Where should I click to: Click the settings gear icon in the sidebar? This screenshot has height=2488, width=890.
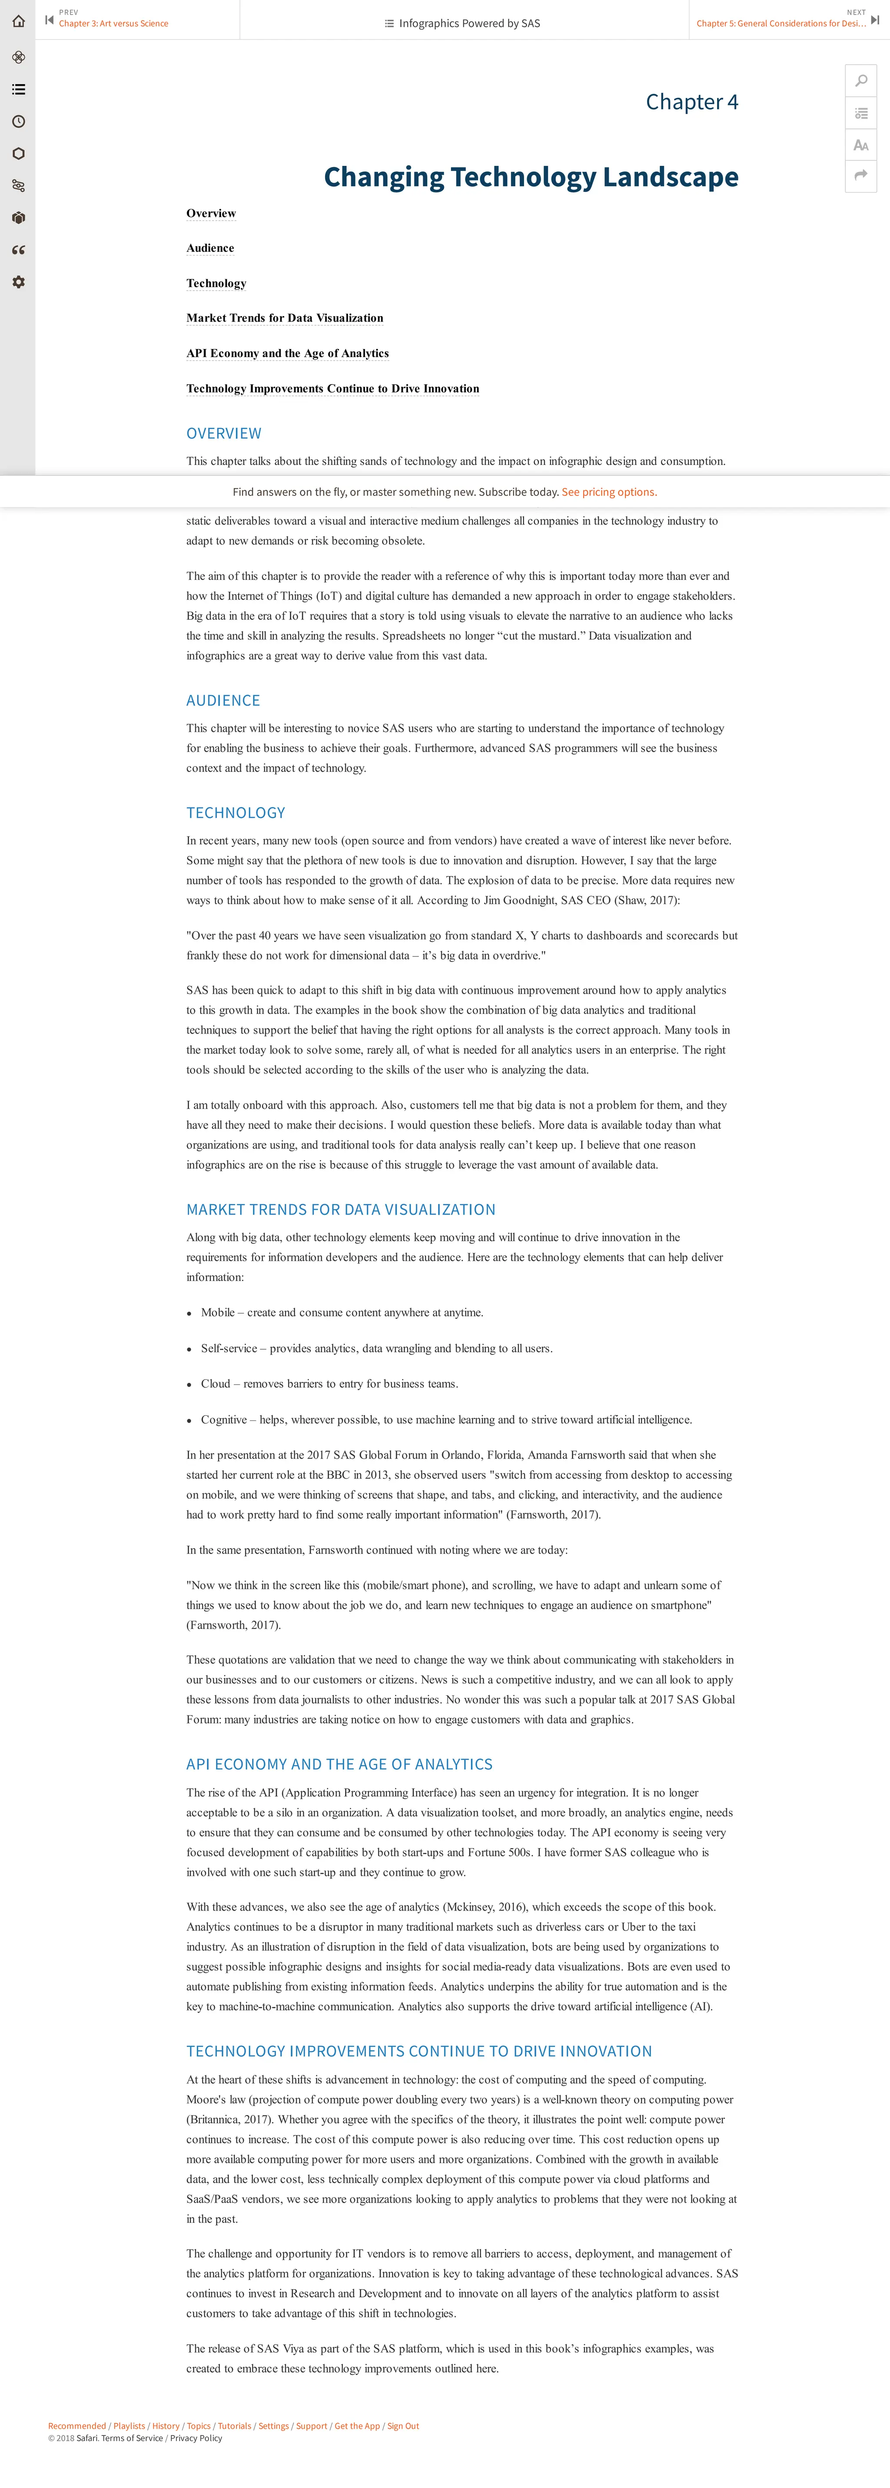17,282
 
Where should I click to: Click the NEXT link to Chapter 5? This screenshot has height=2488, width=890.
781,23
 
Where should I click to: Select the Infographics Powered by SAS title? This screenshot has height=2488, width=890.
468,23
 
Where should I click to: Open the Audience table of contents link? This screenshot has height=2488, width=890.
210,248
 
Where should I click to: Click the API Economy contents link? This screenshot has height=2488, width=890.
287,353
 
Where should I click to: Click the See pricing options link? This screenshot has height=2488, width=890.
609,491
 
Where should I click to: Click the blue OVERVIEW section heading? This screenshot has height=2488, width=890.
223,434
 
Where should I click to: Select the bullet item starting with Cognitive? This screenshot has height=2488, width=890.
445,1420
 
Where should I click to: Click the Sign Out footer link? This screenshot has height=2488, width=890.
403,2425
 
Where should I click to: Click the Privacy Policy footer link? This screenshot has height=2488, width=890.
196,2438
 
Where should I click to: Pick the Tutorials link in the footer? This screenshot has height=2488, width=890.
234,2425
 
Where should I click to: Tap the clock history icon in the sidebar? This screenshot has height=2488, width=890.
17,122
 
